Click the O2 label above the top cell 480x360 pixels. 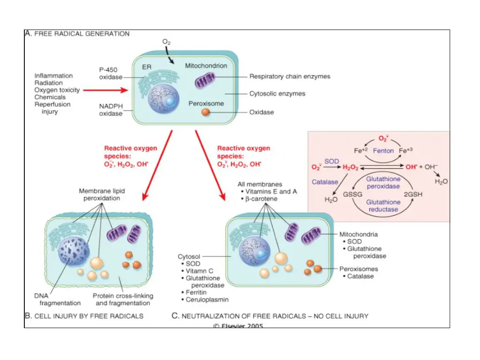coord(166,42)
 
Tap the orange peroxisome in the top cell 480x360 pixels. coord(205,112)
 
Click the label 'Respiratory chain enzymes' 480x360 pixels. coord(290,76)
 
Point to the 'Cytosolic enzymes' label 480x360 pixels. coord(277,94)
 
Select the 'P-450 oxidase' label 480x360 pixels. coord(111,73)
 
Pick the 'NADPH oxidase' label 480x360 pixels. coord(111,110)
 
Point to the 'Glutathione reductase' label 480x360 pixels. coord(383,206)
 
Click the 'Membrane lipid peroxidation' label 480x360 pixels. coord(99,194)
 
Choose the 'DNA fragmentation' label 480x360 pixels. coord(57,300)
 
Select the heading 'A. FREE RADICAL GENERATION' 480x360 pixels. coord(77,34)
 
